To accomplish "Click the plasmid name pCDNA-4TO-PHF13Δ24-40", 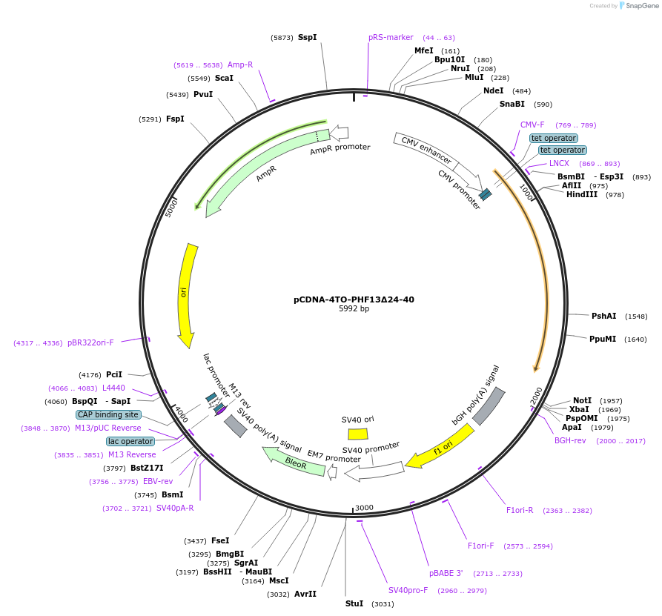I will pos(354,299).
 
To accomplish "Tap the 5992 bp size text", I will pos(354,309).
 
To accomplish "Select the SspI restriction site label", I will pos(307,37).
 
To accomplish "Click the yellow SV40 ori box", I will pos(358,434).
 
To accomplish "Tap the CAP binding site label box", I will pos(107,415).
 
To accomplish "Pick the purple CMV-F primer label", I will pos(532,125).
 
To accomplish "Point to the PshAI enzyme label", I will pos(603,316).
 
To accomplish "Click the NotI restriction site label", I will pos(582,400).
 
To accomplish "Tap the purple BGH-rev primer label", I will pos(570,440).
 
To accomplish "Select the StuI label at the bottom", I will pos(354,603).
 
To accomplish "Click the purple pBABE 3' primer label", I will pos(446,573).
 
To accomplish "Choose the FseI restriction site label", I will pos(220,540).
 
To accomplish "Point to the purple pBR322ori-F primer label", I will pos(90,342).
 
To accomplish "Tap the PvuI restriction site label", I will pos(203,94).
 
